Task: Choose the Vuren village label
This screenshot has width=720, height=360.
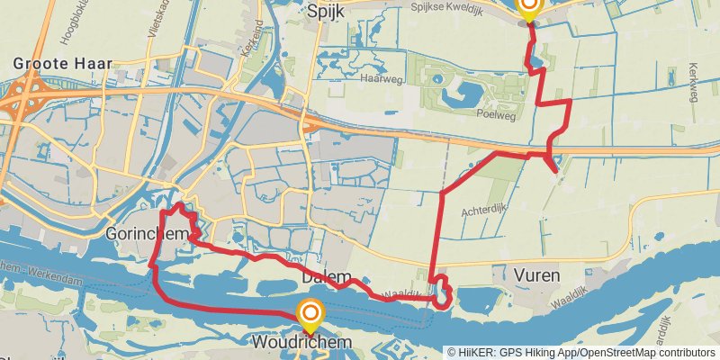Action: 538,274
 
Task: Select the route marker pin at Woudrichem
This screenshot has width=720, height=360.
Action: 310,315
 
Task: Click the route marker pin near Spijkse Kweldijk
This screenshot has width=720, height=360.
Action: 528,8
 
